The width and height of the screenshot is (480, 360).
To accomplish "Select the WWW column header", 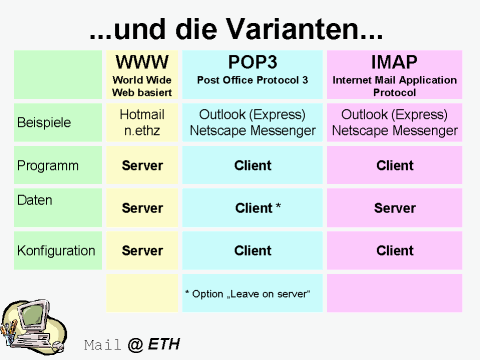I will coord(142,62).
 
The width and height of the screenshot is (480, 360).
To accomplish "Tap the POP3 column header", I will coord(253,62).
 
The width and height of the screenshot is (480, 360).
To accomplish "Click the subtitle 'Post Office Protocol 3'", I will coord(253,79).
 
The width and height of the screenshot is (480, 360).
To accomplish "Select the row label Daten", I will coord(35,200).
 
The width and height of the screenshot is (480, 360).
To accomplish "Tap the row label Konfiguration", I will coord(56,250).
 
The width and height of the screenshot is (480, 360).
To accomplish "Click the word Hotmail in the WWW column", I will coord(142,115).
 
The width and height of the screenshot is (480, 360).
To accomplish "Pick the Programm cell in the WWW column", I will coord(142,165).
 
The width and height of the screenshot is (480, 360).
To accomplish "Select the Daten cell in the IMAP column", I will coord(394,208).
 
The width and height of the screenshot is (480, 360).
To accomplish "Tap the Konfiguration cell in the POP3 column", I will coord(253,250).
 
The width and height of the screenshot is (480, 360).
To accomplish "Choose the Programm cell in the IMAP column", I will coord(394,165).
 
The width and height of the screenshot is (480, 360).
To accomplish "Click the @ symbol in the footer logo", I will coord(135,345).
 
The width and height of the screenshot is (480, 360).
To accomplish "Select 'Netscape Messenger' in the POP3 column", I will coord(253,131).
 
